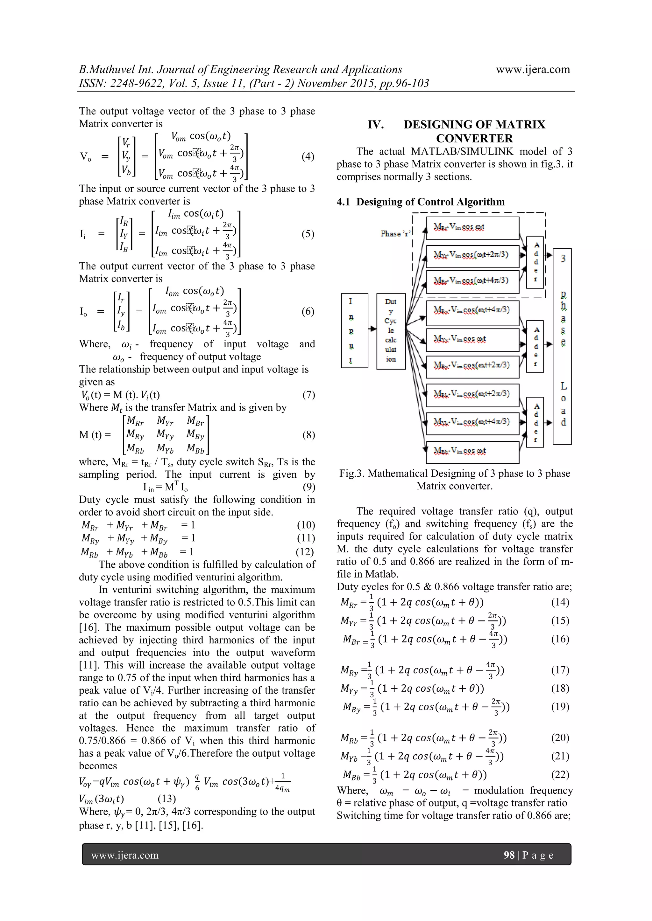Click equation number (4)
click(308, 156)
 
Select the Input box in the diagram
click(354, 330)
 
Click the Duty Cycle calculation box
click(391, 330)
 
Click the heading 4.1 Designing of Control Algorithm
click(420, 202)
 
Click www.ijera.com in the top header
click(532, 69)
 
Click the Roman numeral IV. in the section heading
click(376, 125)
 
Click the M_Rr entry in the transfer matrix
click(135, 421)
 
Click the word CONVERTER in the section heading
click(474, 138)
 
